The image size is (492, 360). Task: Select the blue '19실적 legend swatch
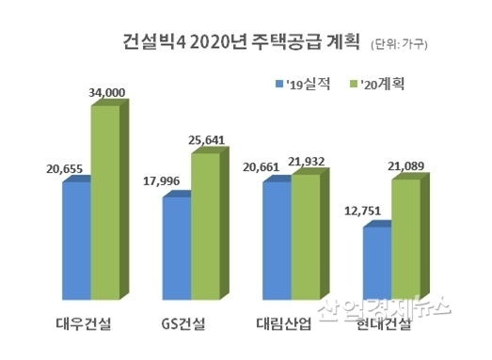click(x=278, y=83)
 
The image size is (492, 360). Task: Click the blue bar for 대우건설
click(x=76, y=240)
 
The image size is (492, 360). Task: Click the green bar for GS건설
click(x=204, y=225)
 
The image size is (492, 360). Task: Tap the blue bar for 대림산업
click(x=277, y=240)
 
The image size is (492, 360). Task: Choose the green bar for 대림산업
click(x=305, y=236)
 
